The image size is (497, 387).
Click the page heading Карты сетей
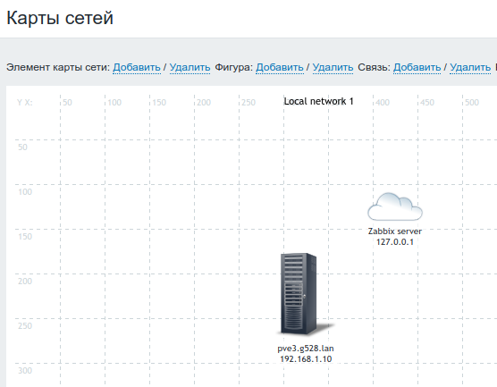pos(60,18)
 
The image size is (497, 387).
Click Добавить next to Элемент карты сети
pos(137,67)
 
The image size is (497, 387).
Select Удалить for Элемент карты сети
pos(190,67)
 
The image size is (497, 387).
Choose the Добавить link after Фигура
pos(280,67)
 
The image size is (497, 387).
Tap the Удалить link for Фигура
pos(333,67)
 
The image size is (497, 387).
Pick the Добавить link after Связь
pos(417,67)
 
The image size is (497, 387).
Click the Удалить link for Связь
pos(470,67)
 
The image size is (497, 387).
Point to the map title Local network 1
pos(318,101)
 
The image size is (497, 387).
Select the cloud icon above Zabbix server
pos(395,206)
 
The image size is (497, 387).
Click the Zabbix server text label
pos(395,231)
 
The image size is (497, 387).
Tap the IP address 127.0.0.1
pos(395,242)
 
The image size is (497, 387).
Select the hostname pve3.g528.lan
pos(306,349)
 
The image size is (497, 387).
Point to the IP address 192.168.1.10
pos(306,359)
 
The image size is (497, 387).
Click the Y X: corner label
pos(25,103)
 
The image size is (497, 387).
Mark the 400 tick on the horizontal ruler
pos(383,103)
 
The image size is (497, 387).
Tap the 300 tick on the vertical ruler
pos(25,371)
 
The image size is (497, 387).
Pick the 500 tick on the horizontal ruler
pos(472,103)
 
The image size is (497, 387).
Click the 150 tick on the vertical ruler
pos(25,237)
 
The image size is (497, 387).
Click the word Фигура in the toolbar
pos(234,67)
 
